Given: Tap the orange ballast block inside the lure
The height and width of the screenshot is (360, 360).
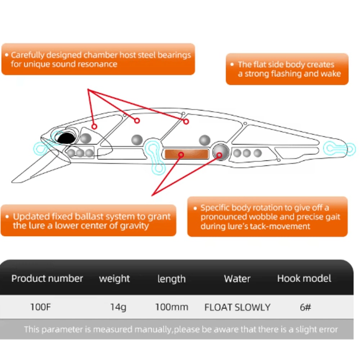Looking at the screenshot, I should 186,154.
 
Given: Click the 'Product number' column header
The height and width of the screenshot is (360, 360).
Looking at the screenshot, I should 47,279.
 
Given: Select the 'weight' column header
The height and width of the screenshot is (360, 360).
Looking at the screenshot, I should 114,279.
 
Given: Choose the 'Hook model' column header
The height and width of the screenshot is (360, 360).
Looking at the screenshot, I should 304,279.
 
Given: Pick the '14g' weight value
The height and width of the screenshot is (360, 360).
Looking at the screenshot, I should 118,307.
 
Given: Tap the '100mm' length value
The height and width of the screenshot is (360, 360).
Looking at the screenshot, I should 171,307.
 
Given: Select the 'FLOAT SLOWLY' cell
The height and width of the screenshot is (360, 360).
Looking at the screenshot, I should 237,307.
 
